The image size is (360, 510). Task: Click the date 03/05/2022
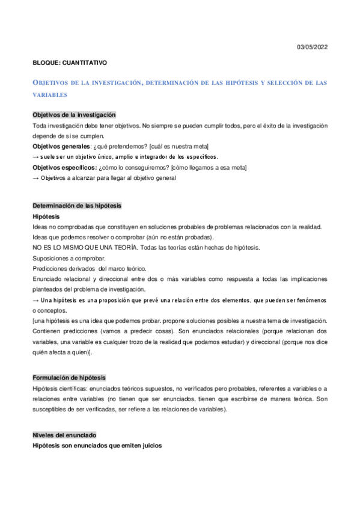pos(313,47)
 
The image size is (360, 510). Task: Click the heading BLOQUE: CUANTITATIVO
pos(70,62)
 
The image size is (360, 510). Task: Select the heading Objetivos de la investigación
pos(74,115)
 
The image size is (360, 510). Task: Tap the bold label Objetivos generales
pos(61,146)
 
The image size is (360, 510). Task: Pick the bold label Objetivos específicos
pos(63,167)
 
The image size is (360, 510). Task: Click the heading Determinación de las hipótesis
pos(77,206)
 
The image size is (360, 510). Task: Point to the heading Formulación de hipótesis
pos(69,378)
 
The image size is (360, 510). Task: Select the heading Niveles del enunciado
pos(64,418)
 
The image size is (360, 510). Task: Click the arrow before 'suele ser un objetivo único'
pos(36,156)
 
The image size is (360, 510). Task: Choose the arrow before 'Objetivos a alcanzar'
pos(36,177)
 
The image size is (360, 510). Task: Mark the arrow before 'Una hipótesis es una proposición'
pos(36,300)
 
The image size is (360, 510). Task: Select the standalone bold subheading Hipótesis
pos(46,216)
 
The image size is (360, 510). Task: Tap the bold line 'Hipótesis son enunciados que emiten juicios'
pos(97,429)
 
